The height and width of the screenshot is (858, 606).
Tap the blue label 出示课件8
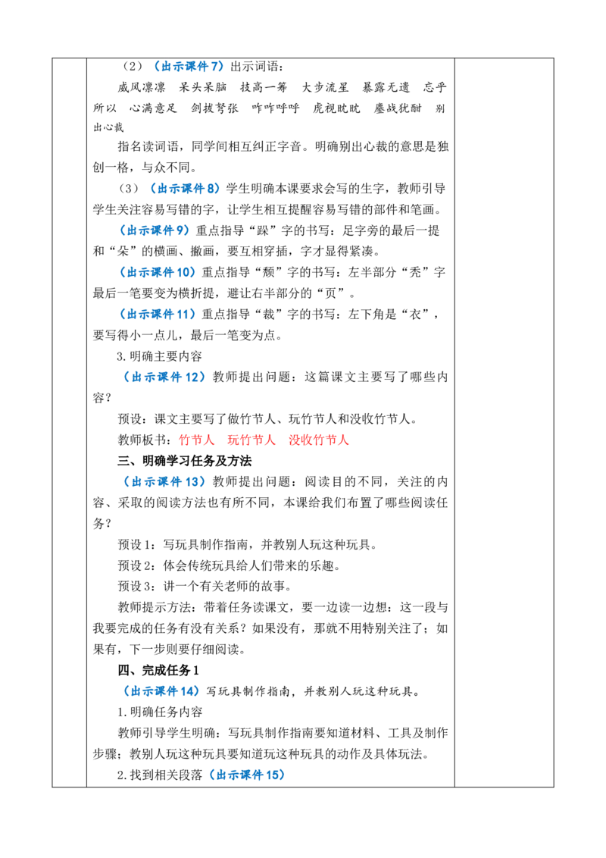185,189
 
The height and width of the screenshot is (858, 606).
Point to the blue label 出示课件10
158,272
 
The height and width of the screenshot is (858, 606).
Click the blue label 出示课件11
158,314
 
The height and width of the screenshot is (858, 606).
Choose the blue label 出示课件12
164,377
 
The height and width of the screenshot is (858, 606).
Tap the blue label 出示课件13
164,481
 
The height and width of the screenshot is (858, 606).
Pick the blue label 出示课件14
162,691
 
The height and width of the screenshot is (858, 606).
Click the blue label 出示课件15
247,775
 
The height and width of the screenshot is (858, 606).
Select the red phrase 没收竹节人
318,440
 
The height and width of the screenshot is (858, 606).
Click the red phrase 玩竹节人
251,440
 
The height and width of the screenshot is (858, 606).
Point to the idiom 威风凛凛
141,88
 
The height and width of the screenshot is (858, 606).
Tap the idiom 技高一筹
264,88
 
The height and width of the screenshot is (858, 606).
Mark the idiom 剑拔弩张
214,108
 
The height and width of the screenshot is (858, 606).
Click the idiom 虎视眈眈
336,108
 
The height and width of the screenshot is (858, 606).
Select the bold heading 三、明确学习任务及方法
184,461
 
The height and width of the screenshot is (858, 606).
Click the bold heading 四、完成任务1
158,670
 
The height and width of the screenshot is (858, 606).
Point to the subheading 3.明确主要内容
159,356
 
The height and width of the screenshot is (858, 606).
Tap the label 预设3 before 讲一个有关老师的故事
136,586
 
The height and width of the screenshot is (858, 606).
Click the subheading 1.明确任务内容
160,712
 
